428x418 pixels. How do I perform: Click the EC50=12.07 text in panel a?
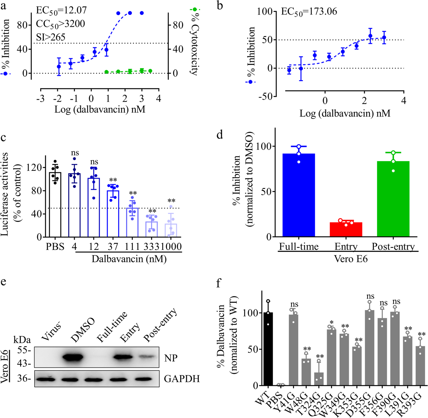point(61,10)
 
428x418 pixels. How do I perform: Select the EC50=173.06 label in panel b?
point(309,12)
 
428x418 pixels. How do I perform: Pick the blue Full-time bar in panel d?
point(299,195)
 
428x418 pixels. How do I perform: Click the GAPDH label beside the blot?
point(182,379)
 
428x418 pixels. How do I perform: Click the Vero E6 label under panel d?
point(350,259)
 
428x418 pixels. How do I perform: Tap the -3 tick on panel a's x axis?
point(40,98)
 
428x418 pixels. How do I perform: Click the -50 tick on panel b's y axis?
point(266,97)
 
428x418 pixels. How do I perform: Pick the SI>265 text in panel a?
point(51,37)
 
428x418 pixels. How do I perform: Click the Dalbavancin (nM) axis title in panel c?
point(129,259)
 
